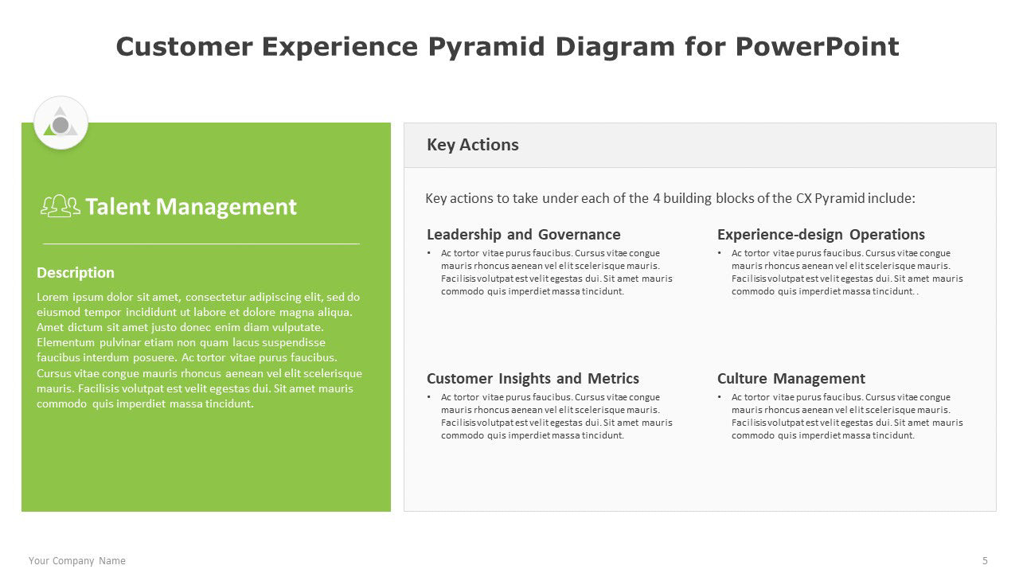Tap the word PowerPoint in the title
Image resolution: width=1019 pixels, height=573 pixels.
coord(817,46)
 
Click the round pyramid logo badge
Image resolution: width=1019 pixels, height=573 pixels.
coord(61,123)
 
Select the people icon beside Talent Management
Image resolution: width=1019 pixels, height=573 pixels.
coord(61,206)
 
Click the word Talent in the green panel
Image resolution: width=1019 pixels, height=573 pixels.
coord(118,206)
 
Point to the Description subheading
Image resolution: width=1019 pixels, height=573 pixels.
coord(76,272)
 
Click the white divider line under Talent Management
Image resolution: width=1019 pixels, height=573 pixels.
coord(201,244)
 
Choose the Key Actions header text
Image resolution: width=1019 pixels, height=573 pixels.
coord(472,145)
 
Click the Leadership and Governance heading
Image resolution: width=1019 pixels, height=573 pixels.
coord(523,234)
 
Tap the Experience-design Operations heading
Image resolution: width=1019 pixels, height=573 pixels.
coord(821,234)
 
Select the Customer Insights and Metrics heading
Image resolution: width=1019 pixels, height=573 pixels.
coord(533,378)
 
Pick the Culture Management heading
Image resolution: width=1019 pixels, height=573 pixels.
coord(791,378)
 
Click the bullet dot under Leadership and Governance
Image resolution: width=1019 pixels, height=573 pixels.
coord(428,253)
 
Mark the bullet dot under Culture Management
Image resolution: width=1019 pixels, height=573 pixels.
coord(719,397)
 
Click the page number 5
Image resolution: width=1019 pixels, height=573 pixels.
coord(985,560)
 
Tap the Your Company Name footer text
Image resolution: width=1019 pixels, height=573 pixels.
coord(77,561)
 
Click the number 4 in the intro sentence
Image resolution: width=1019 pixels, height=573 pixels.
coord(657,198)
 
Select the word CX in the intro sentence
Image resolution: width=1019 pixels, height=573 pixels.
coord(803,198)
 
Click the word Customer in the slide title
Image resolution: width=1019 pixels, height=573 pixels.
coord(184,46)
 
